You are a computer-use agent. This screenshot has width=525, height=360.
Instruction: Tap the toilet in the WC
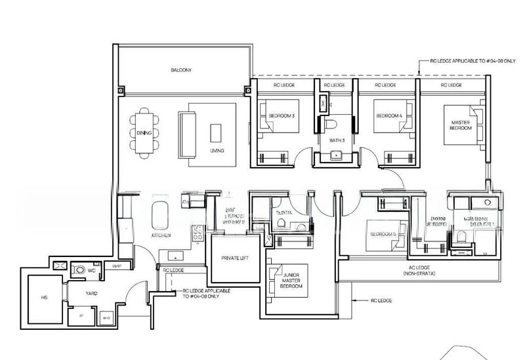79,270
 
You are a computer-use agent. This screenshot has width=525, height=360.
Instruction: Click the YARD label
91,293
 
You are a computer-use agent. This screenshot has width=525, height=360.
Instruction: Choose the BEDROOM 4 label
388,116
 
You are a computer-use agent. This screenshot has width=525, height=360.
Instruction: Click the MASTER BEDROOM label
459,125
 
